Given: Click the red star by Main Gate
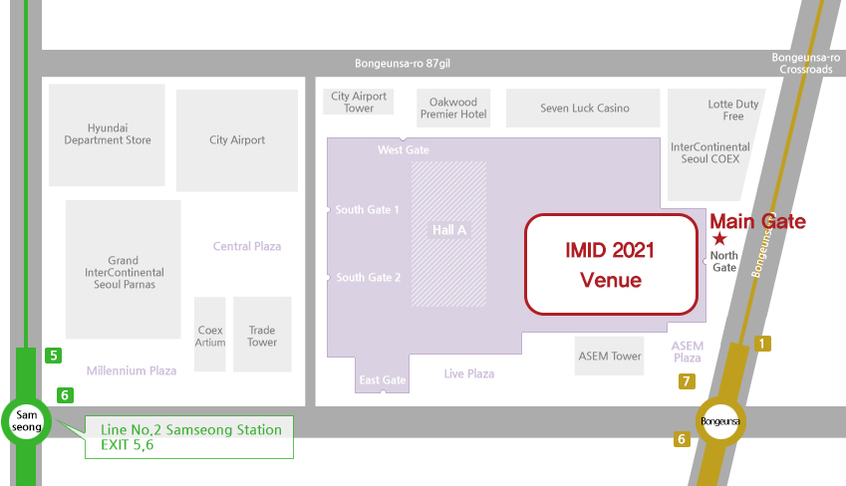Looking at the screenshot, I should coord(720,239).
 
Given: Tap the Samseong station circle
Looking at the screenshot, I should coord(24,420).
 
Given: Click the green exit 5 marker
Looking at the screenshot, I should coord(53,355).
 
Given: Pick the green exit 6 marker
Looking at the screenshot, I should coord(65,394).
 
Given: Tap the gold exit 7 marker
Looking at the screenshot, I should coord(686,380).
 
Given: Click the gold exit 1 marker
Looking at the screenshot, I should coord(763,344).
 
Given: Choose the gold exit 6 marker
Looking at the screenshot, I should coord(682,439).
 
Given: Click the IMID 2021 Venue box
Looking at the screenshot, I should coord(609,264).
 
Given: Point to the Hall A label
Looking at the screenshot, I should coord(449,230).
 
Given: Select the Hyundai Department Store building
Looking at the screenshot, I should coord(108,134).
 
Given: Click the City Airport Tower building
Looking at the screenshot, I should coord(359,102).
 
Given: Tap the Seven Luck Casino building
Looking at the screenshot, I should coord(584,109).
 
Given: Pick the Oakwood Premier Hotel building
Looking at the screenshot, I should coord(453,109).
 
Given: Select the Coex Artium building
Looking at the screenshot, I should coord(210,336).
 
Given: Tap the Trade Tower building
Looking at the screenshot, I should coord(262,336).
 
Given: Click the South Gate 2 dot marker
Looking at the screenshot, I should coord(328,277).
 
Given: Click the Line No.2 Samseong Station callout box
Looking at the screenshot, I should coord(189,437).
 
